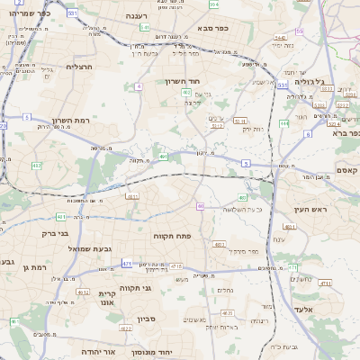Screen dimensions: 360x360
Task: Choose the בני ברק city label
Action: click(37, 233)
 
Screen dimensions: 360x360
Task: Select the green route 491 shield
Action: click(163, 157)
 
